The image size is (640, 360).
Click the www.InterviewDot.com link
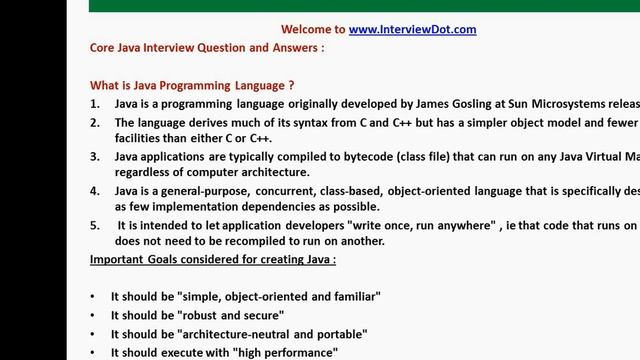(412, 29)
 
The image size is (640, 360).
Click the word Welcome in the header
(313, 29)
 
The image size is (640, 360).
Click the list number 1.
(94, 103)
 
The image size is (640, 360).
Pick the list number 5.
(94, 226)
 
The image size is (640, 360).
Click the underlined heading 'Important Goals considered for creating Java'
(212, 260)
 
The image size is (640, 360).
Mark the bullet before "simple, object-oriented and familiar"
(93, 297)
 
